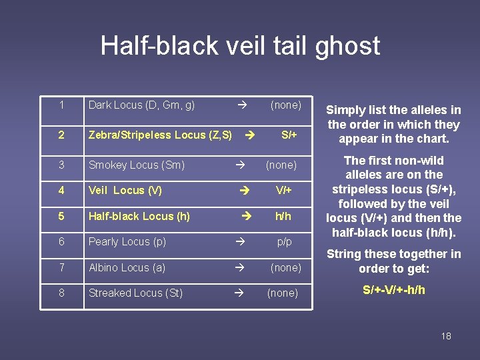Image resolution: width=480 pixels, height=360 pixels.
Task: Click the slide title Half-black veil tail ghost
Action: click(240, 46)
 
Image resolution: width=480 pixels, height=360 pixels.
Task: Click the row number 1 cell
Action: click(61, 105)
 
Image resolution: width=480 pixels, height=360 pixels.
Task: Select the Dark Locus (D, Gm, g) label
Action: click(141, 105)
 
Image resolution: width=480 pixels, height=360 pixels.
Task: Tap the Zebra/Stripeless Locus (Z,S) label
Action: click(160, 135)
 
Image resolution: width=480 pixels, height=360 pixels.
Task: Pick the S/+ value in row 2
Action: click(289, 135)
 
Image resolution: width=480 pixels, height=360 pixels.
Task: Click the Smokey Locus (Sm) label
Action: click(137, 165)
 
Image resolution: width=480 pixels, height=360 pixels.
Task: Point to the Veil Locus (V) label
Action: click(125, 191)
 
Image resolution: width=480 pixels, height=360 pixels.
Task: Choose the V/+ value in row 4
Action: click(285, 191)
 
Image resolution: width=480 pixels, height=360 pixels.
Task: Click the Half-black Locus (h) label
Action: click(139, 217)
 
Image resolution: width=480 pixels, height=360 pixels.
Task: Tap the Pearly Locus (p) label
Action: click(127, 242)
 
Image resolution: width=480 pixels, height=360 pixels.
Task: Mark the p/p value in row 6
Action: click(285, 242)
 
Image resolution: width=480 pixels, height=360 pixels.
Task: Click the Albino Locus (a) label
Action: click(127, 268)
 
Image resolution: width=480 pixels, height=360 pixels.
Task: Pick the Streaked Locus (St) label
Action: click(135, 293)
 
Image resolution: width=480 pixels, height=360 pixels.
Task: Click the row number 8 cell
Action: click(61, 293)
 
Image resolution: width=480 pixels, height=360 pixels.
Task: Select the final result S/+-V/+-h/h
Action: click(393, 290)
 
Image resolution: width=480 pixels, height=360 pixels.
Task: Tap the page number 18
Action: click(446, 336)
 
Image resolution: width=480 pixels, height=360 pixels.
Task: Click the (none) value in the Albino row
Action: click(285, 268)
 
